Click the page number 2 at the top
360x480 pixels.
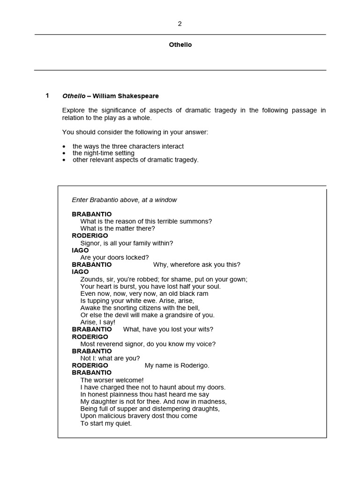point(180,24)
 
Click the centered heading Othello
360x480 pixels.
point(180,45)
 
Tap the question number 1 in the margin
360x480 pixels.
point(47,96)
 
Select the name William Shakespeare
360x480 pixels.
point(126,96)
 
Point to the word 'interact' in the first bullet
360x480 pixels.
point(172,146)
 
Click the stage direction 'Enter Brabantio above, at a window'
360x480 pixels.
point(124,200)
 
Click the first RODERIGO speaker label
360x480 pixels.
point(90,235)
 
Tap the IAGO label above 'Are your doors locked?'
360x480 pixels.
point(80,250)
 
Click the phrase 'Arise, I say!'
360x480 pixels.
point(98,322)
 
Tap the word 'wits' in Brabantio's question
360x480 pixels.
point(204,329)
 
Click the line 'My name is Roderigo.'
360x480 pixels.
point(177,365)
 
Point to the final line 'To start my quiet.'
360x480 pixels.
point(106,423)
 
